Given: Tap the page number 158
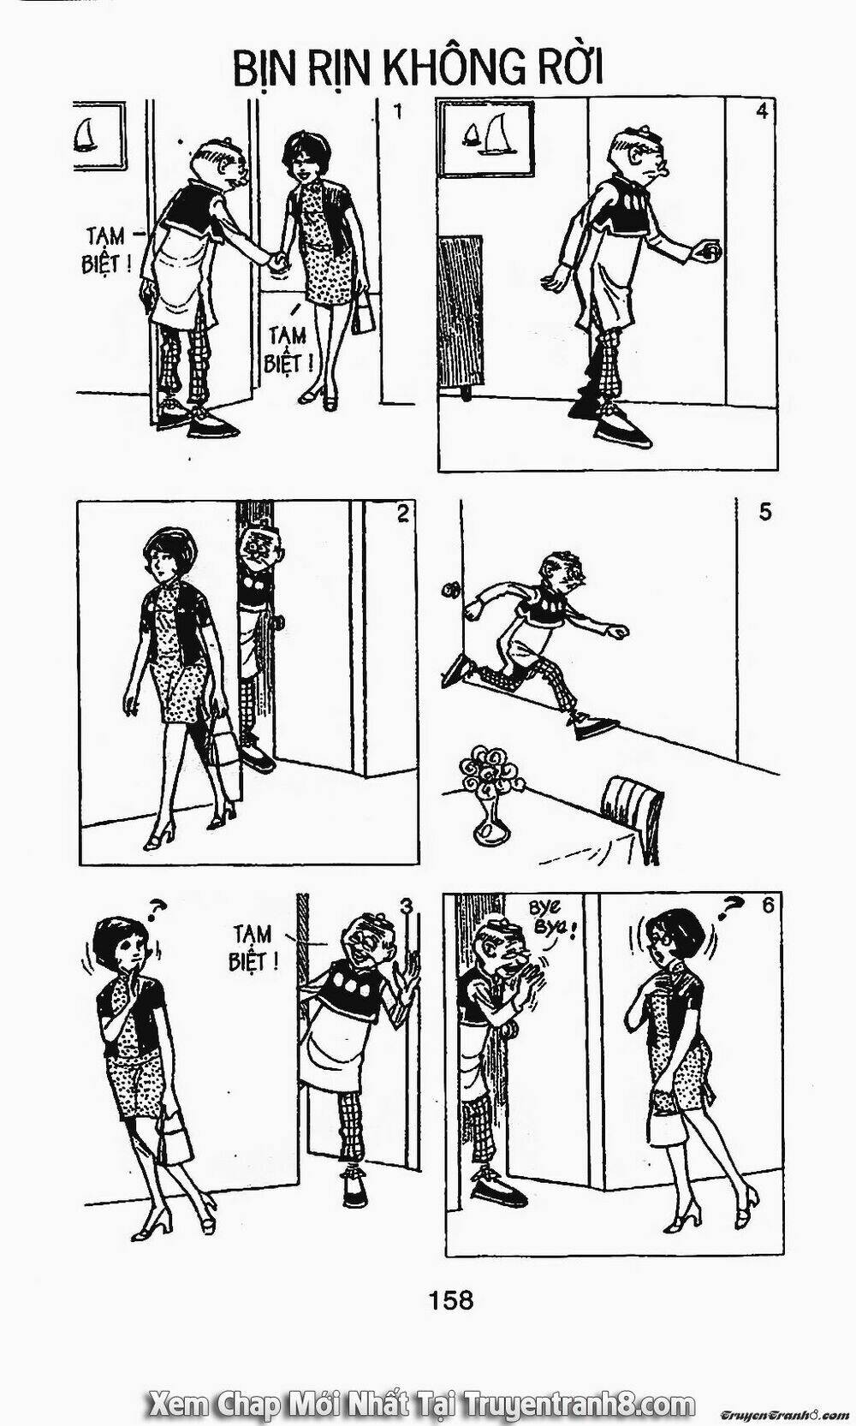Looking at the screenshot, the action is pos(450,1280).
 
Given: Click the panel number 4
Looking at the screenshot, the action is pos(762,111).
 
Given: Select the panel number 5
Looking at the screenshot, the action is pos(765,512).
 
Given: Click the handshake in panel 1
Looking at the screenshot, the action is pos(276,261).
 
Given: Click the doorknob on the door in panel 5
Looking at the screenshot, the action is pos(453,588).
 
